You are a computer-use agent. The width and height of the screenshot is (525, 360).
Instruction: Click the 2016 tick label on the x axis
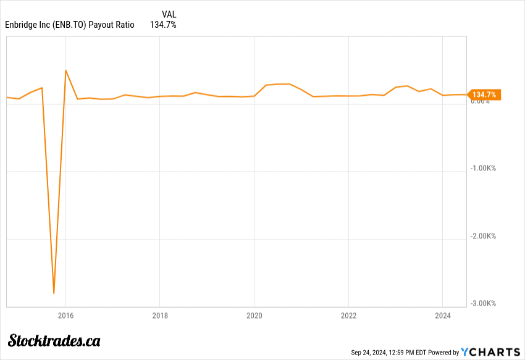point(65,314)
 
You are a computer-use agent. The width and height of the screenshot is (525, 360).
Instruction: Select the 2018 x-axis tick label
point(159,314)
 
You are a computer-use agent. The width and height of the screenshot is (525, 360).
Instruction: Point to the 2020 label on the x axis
point(254,314)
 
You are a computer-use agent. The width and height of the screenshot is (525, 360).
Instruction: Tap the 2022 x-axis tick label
point(348,314)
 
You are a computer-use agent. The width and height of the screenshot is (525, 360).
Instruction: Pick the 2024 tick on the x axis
point(443,314)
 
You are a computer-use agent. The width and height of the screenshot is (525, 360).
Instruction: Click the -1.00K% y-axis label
point(484,168)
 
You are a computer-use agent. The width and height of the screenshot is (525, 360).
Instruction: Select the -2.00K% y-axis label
point(484,236)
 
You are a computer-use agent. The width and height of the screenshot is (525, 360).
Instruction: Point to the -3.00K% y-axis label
point(484,303)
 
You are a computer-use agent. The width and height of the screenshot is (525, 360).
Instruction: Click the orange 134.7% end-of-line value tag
point(484,94)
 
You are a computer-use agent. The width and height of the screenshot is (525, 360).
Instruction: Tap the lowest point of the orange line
point(54,293)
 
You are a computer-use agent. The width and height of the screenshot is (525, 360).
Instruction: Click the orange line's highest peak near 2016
point(65,70)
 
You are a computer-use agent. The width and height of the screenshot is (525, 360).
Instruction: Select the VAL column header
point(169,14)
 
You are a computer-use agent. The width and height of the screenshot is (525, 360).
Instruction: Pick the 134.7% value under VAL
point(163,25)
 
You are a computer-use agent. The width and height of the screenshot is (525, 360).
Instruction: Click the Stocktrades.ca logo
point(54,340)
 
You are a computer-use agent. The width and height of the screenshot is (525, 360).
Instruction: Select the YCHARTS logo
point(491,352)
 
